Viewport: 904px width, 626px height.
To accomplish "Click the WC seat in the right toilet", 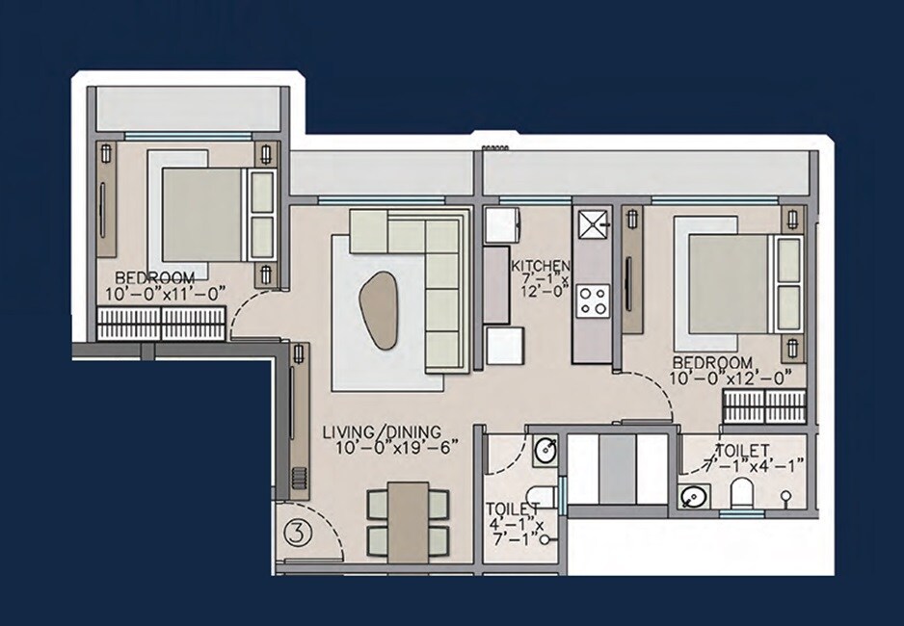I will click(742, 495).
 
